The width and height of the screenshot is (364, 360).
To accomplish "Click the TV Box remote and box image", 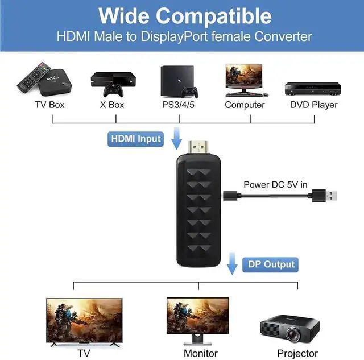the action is click(44, 80).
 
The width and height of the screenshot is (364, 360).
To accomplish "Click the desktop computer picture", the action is click(245, 79).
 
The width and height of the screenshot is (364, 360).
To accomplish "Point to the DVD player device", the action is click(313, 88).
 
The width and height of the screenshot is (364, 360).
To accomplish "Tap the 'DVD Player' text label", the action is click(313, 105).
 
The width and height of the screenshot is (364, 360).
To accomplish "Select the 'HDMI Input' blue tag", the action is click(136, 139).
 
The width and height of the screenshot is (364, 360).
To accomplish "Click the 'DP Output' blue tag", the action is click(272, 264).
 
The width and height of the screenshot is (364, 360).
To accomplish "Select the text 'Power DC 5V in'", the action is click(275, 184).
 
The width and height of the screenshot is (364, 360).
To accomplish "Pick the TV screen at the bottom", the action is click(83, 321).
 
